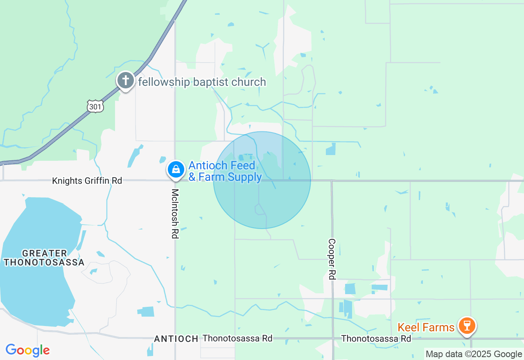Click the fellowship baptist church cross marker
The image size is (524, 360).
(126, 80)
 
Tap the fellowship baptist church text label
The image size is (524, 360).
(202, 82)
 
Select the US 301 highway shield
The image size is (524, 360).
(95, 106)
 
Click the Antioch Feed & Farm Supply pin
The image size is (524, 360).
(176, 169)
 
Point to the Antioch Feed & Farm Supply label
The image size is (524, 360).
(225, 171)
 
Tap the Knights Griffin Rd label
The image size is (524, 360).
(87, 180)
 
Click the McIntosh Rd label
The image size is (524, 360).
(175, 214)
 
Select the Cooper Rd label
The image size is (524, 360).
(332, 259)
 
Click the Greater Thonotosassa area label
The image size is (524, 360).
(44, 258)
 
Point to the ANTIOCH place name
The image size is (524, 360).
(176, 339)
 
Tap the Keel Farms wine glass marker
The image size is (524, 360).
(466, 326)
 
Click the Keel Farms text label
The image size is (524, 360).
(426, 327)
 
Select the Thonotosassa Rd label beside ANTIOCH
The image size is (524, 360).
(237, 338)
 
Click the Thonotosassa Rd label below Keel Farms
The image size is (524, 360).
(376, 339)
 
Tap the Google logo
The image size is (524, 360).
(27, 350)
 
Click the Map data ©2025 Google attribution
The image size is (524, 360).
(474, 354)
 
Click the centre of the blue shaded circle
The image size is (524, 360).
(262, 180)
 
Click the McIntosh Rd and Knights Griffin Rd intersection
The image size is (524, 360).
(175, 180)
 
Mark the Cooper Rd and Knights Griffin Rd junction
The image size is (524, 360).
(332, 181)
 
